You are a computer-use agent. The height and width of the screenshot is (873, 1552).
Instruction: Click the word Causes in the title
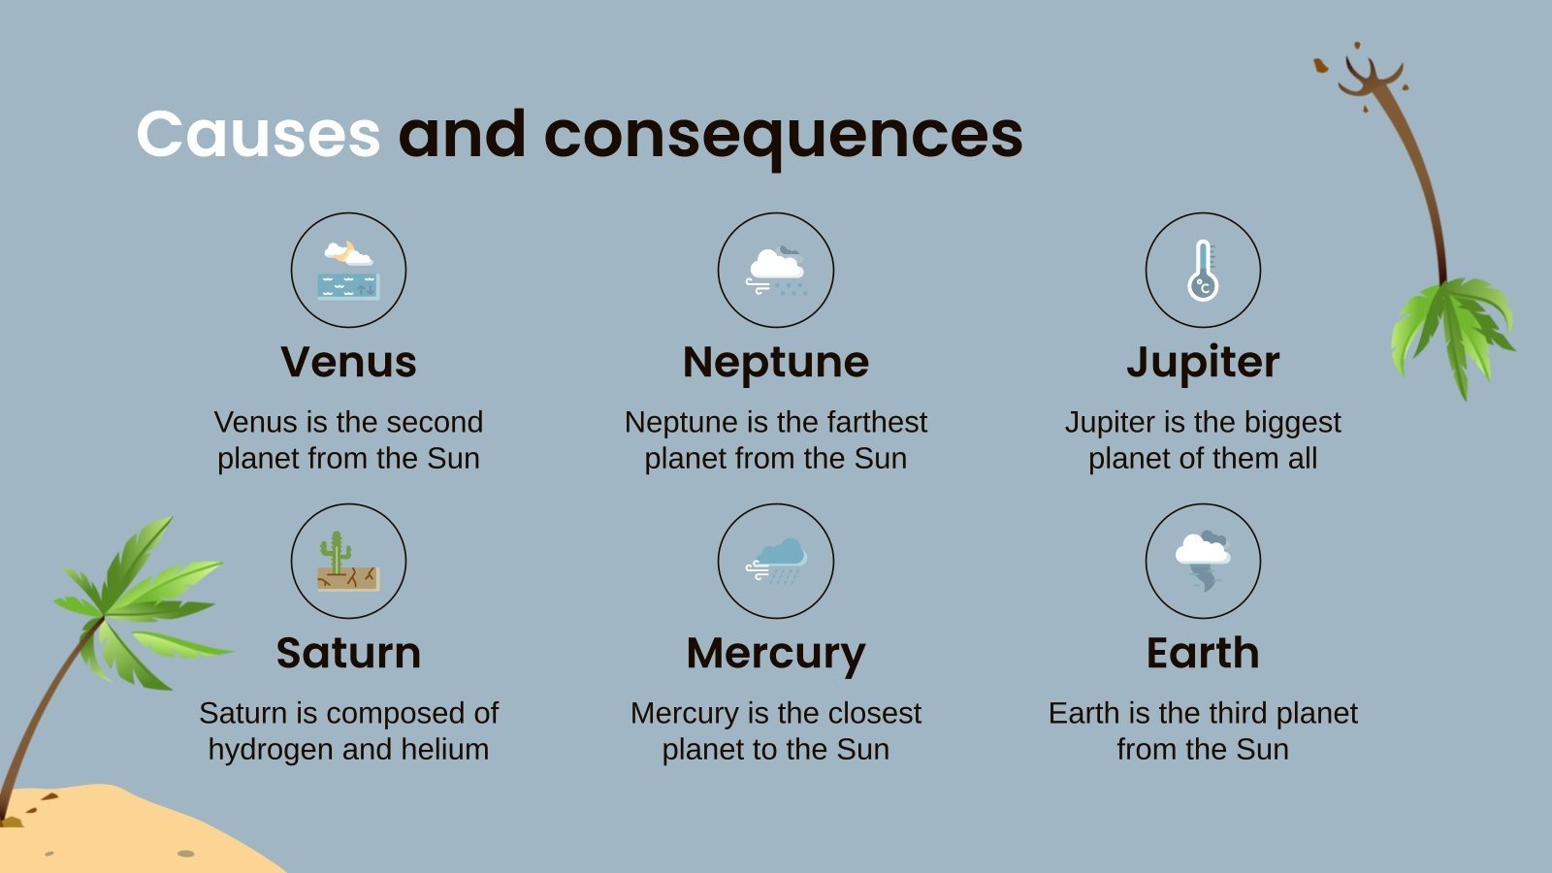(258, 134)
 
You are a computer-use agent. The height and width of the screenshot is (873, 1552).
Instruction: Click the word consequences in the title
(783, 136)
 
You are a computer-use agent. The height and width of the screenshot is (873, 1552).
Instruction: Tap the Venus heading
(348, 362)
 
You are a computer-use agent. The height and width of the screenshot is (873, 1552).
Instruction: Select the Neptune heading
(776, 362)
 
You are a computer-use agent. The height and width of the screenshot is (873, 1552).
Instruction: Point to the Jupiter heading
(1203, 362)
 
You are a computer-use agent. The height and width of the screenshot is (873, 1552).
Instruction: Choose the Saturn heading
(348, 653)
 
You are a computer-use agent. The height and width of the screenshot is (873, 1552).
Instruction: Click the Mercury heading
(776, 654)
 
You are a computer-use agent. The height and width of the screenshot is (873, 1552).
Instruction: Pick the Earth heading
(1203, 653)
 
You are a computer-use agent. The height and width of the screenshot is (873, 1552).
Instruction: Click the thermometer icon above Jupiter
(1203, 270)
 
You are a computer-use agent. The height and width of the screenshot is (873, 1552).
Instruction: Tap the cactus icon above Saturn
(348, 561)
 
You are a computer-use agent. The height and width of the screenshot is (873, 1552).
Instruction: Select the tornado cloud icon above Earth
(1203, 561)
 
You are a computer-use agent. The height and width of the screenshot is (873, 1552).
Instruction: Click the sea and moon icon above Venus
(348, 270)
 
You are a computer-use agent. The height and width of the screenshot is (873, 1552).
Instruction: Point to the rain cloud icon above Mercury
(776, 561)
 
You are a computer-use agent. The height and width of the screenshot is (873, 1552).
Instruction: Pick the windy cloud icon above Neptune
(776, 270)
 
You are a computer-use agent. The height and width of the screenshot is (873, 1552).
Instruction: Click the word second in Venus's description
(434, 422)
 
